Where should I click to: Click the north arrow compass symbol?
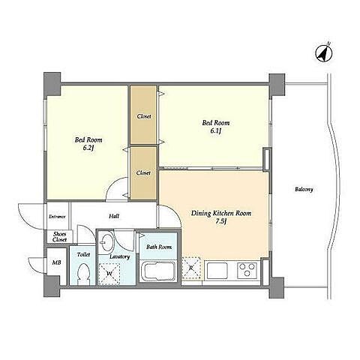pos(323,52)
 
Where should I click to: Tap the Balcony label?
pos(304,189)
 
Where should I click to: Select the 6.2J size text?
pos(88,148)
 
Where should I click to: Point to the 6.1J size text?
pos(215,130)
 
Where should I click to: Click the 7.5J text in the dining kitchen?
pos(221,221)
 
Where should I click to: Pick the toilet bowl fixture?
pos(83,274)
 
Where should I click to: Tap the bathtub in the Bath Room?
pos(158,271)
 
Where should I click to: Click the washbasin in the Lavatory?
pos(106,241)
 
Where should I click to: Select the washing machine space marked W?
pos(109,274)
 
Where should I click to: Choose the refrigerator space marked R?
pos(191,268)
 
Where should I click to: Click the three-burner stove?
pos(247,270)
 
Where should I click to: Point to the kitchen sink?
pos(217,271)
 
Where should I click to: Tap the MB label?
pos(56,262)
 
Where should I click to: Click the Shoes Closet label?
pos(60,237)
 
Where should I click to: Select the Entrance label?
pos(57,217)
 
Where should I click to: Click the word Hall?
pos(114,216)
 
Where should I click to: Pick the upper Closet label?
pos(144,116)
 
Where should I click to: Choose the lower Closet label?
pos(143,172)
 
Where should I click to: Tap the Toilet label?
pos(83,254)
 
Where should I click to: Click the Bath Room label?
pos(159,247)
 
